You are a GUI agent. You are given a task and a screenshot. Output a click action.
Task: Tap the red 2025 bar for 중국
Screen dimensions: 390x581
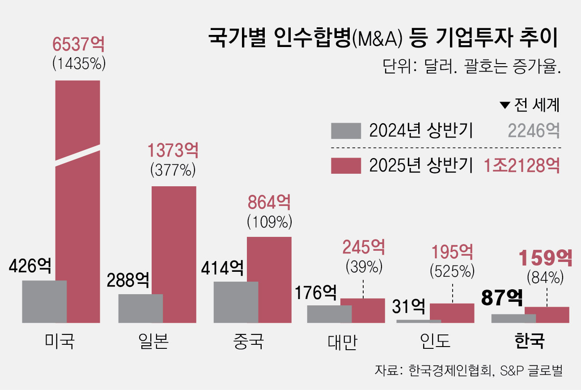coord(269,279)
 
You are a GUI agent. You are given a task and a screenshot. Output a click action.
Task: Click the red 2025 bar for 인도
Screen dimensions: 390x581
coord(452,313)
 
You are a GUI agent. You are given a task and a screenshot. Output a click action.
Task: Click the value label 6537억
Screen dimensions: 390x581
coord(79,45)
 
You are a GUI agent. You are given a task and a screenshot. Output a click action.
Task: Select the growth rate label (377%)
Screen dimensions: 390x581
coord(174,171)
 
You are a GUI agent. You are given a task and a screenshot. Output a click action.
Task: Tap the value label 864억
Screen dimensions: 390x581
coord(269,203)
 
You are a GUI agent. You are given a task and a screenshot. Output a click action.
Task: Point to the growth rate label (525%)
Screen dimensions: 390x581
coord(452,271)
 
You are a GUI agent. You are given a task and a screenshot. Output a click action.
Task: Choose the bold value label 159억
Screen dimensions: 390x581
coord(545,258)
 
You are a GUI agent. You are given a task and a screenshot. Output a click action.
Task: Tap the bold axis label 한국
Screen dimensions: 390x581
coord(530,341)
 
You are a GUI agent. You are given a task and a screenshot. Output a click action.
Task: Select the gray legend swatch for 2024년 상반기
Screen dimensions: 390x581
coord(346,131)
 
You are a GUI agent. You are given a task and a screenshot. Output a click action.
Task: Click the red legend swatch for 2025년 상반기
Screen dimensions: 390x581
coord(346,166)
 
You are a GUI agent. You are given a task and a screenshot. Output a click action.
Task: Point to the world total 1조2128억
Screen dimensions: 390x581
coord(522,166)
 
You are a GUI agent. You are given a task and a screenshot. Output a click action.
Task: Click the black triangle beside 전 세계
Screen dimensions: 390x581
coord(505,105)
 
